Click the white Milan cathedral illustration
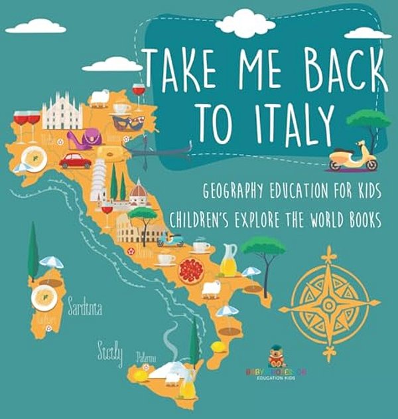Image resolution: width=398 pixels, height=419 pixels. pos(62,112)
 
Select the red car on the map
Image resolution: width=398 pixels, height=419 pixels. pos(75,161)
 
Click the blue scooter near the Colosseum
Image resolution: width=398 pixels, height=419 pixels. pos(170,238)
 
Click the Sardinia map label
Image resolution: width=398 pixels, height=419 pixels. pos(84,307)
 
